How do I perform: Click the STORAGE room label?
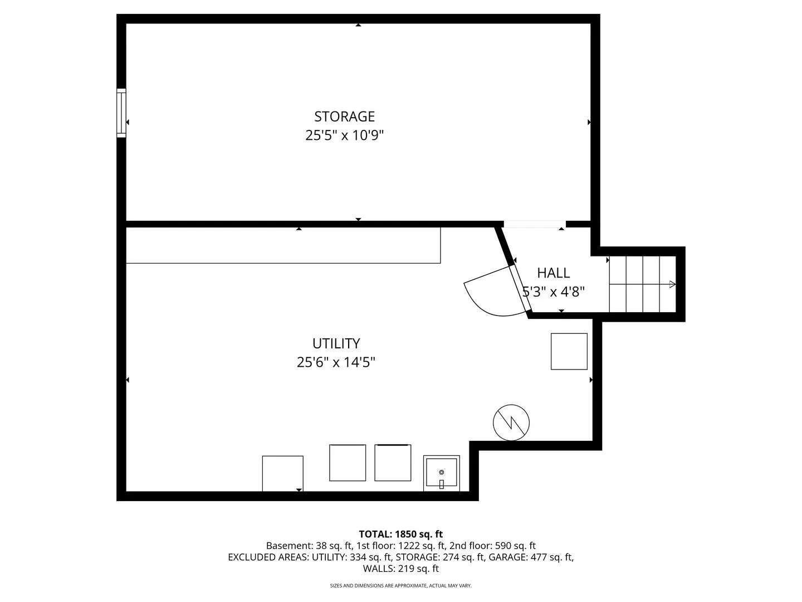(x=345, y=116)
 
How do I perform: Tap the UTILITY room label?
(x=336, y=343)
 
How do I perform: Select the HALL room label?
(x=553, y=273)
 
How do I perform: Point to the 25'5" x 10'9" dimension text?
(x=345, y=135)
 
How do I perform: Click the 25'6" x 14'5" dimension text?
(x=336, y=362)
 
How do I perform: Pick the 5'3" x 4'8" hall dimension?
(x=553, y=292)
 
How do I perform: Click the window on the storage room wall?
(x=121, y=113)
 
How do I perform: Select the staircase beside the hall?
(x=642, y=284)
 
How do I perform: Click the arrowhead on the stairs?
(x=672, y=284)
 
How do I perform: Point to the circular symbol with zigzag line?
(x=511, y=423)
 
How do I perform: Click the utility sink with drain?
(x=441, y=473)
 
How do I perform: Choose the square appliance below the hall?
(x=569, y=351)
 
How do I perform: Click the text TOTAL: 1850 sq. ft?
(x=401, y=534)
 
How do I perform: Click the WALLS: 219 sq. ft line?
(x=401, y=569)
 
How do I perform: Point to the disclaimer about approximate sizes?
(x=401, y=585)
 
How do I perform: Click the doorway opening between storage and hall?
(x=535, y=224)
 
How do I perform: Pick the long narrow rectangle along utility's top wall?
(x=283, y=245)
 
